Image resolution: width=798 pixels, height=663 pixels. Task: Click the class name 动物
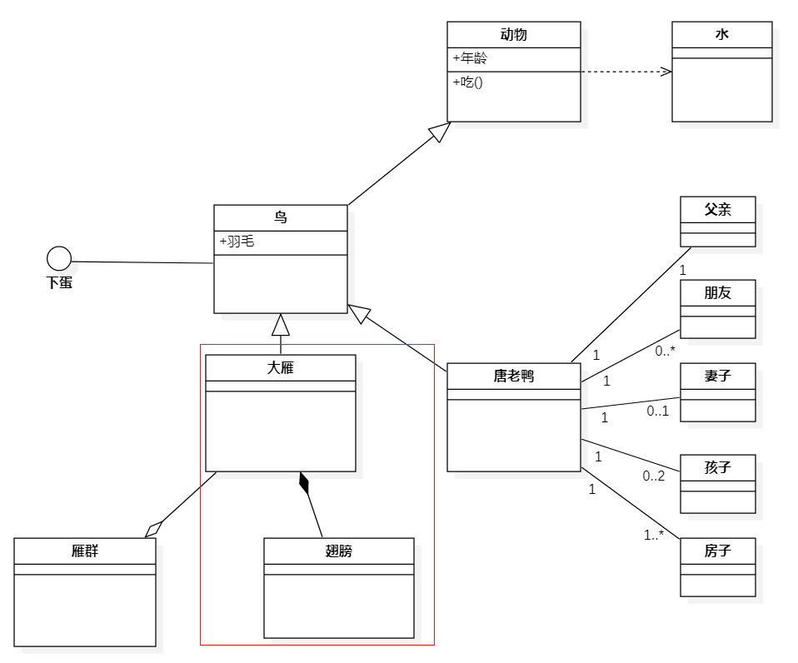[x=513, y=35]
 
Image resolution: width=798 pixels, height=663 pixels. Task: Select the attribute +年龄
[x=471, y=58]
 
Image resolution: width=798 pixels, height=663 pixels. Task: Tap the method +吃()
[x=468, y=82]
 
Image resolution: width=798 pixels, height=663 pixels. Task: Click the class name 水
[x=721, y=35]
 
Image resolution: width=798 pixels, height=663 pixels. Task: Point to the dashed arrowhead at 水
[x=666, y=72]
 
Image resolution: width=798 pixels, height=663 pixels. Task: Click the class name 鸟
[x=280, y=218]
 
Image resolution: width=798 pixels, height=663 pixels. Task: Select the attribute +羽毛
[x=237, y=242]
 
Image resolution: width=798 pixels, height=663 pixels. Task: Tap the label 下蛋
[x=59, y=282]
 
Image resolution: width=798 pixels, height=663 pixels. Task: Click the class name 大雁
[x=280, y=367]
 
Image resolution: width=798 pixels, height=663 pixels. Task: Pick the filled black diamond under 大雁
[x=304, y=483]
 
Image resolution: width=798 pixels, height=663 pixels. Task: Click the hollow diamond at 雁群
[x=153, y=528]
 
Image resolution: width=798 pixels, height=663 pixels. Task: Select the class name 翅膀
[x=338, y=551]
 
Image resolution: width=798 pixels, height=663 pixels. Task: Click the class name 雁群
[x=84, y=551]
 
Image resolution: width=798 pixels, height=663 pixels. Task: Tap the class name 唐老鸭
[x=513, y=376]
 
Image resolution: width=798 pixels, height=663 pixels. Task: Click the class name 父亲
[x=717, y=210]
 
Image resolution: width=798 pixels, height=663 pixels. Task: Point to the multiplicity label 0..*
[x=665, y=351]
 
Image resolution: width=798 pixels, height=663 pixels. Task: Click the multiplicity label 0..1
[x=658, y=411]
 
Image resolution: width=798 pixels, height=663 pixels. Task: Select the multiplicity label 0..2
[x=653, y=476]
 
